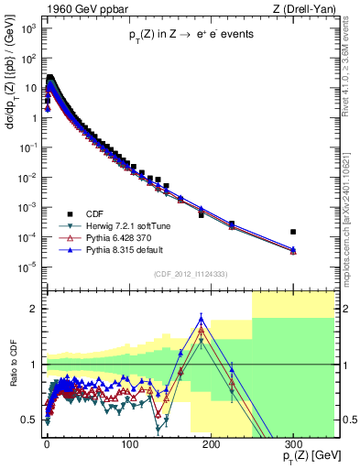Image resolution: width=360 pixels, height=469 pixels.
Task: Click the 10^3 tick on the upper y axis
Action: pyautogui.click(x=31, y=29)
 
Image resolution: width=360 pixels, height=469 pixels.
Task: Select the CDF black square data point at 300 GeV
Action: pyautogui.click(x=293, y=232)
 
